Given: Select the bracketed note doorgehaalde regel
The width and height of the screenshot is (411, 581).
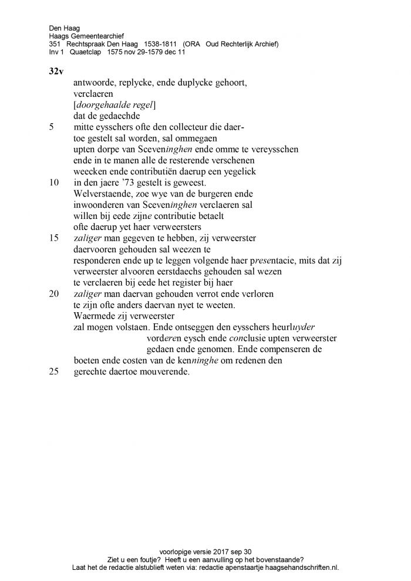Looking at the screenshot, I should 114,104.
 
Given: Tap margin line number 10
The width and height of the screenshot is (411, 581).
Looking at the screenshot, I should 54,182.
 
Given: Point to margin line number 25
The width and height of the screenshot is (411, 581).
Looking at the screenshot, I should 54,371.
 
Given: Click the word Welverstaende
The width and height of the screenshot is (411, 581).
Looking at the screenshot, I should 100,193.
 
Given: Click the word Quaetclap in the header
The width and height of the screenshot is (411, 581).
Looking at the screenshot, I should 86,52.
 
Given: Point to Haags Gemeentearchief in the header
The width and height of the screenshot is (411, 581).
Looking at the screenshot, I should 86,36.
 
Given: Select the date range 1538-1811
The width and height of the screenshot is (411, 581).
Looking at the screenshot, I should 156,44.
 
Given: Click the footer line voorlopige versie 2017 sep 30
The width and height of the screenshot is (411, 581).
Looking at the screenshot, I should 205,552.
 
